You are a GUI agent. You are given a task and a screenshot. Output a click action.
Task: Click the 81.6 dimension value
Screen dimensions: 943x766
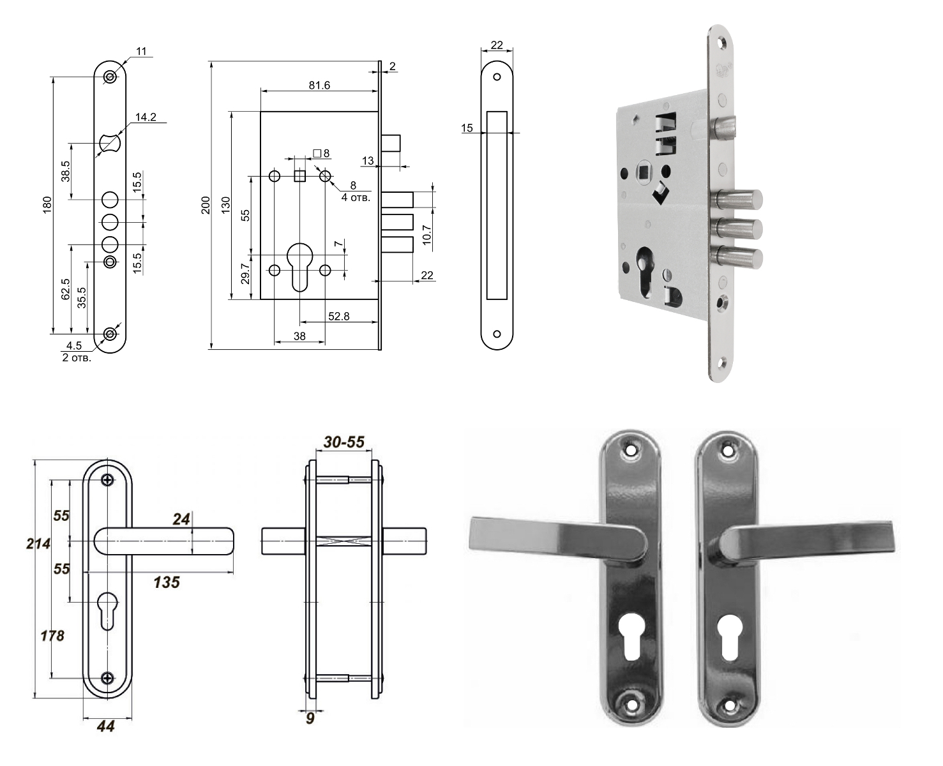coord(319,85)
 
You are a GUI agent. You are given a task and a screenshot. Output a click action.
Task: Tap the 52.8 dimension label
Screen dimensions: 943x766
coord(338,316)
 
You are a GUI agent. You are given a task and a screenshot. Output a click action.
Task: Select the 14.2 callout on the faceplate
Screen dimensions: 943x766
coord(146,117)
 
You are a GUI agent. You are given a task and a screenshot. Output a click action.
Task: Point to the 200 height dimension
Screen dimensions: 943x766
coord(206,205)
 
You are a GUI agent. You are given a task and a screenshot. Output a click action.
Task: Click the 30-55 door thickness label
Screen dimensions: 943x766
coord(344,442)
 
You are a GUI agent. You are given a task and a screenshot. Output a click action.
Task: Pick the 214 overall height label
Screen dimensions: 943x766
coord(38,543)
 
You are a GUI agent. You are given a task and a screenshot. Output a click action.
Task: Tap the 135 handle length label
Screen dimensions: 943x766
coord(167,582)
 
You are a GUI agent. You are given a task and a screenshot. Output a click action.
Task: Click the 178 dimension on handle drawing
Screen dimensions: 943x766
coord(52,635)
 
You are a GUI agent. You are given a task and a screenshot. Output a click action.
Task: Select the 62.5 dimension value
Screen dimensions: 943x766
coord(66,289)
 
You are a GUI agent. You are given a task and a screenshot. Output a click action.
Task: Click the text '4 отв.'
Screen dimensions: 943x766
coord(356,197)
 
